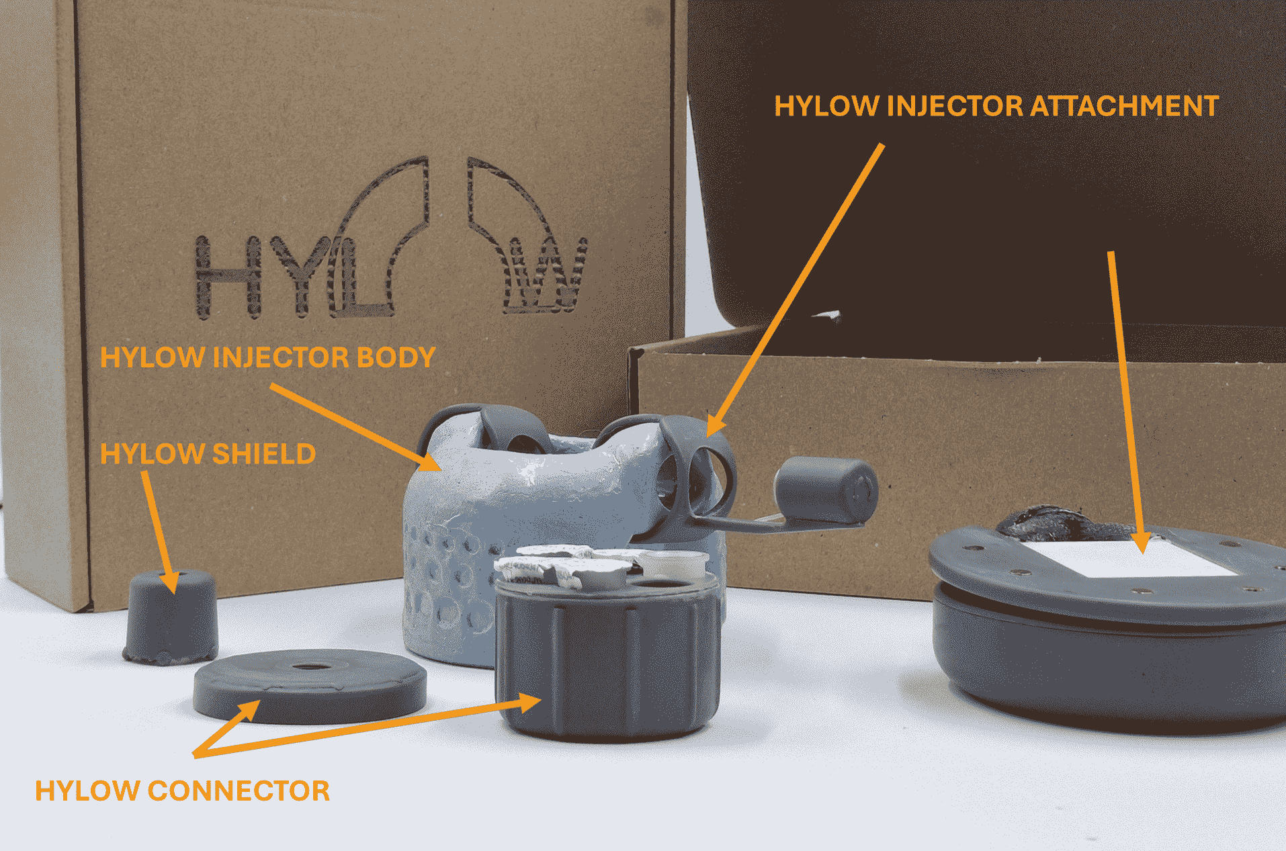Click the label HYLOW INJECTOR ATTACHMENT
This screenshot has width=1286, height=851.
tap(996, 106)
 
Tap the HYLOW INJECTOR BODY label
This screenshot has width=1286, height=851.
tap(267, 357)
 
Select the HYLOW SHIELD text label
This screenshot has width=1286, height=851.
tap(208, 454)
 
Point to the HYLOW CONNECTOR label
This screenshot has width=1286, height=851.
tap(182, 791)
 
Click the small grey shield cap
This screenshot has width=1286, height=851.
tap(171, 617)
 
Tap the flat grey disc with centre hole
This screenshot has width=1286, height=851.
tap(310, 686)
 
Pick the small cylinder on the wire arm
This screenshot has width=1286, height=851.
tap(826, 490)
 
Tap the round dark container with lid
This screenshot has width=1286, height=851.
tap(1109, 628)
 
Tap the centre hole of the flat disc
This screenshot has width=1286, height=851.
tap(309, 667)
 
